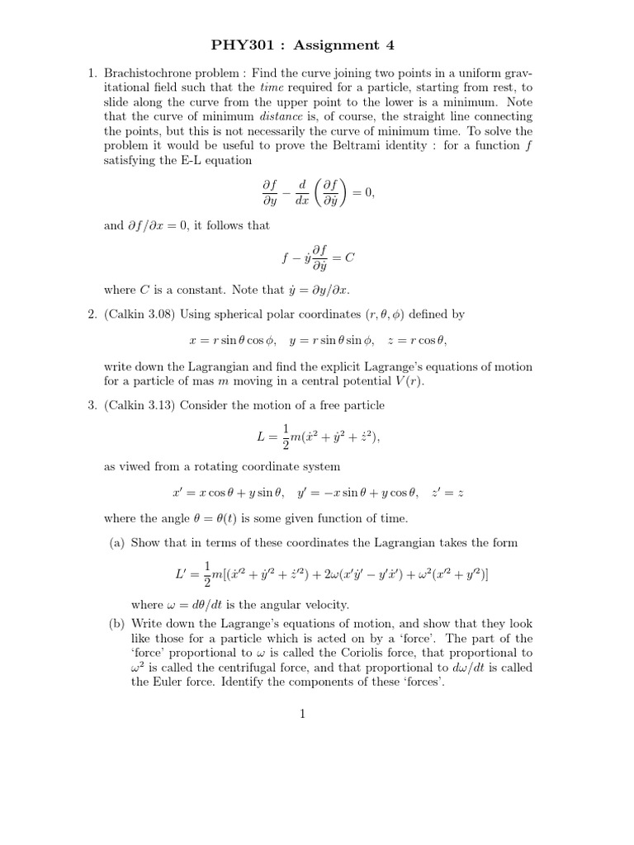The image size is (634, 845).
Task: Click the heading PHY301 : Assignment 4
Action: pyautogui.click(x=316, y=45)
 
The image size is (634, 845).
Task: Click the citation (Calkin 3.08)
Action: pyautogui.click(x=139, y=314)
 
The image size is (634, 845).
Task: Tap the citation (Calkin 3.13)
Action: pyautogui.click(x=139, y=405)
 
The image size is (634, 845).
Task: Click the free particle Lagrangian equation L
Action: pyautogui.click(x=317, y=437)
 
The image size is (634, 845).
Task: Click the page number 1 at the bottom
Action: pyautogui.click(x=303, y=714)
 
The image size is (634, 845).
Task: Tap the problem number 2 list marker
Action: pyautogui.click(x=92, y=314)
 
